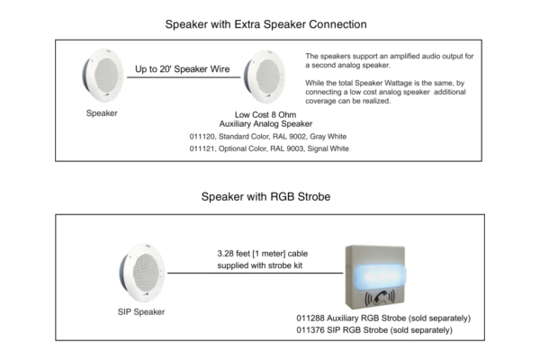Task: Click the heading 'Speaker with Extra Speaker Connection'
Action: tap(265, 24)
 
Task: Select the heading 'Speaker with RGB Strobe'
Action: tap(265, 197)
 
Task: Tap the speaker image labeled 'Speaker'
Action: tap(103, 75)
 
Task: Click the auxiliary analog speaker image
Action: tap(265, 76)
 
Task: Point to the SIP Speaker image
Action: tap(142, 273)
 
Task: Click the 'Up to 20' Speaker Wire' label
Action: tap(182, 69)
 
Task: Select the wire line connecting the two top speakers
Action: tap(184, 77)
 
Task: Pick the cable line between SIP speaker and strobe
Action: tap(256, 274)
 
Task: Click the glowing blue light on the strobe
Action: tap(379, 275)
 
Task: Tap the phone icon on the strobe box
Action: tap(380, 298)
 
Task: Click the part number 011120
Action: tap(202, 137)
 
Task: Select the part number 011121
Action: tap(202, 148)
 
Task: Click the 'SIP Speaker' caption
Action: tap(141, 311)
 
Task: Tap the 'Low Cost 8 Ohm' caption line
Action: tap(265, 114)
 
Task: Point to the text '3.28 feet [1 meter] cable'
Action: tap(263, 254)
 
